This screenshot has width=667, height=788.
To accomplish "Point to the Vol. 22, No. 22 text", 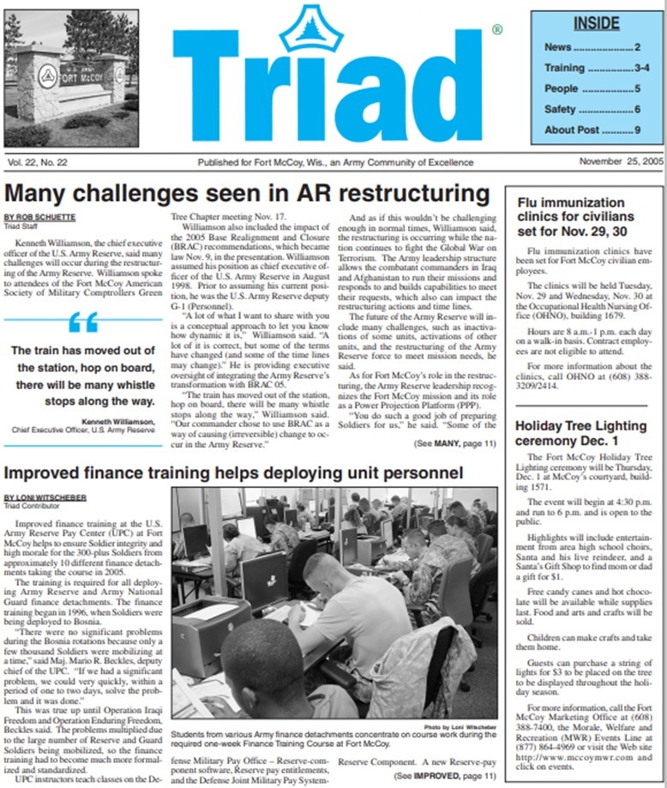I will tap(39, 162).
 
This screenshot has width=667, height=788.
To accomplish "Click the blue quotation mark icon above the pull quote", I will tap(83, 322).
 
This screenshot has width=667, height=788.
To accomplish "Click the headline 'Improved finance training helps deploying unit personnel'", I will tap(234, 473).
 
